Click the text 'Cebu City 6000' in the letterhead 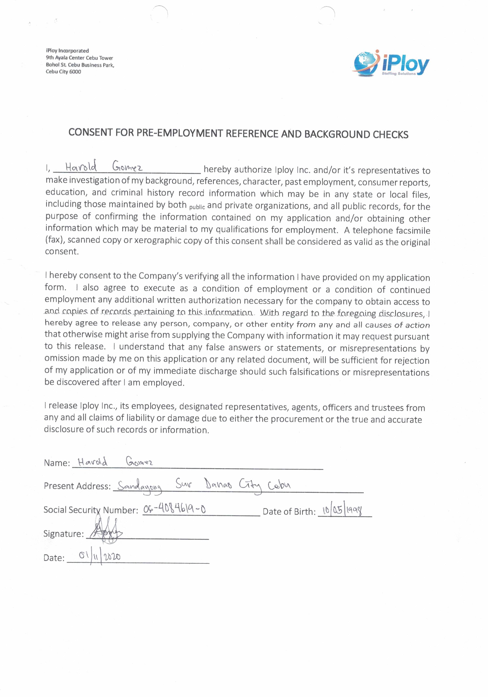(x=63, y=72)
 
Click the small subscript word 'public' (x=197, y=207)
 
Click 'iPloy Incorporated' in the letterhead (x=67, y=51)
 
